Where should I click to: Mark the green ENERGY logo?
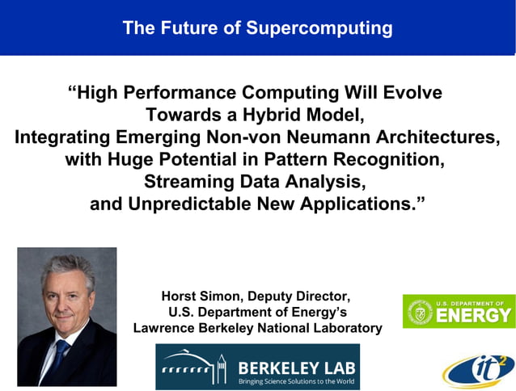458,311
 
